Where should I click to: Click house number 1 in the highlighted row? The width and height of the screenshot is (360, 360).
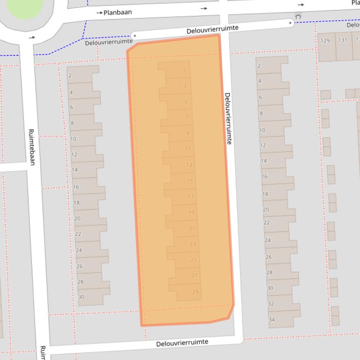coord(184,71)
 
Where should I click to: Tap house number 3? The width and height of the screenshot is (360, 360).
coord(185,86)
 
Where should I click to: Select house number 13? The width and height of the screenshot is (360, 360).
coord(189,165)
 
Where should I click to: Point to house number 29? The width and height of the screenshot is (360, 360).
coord(195,292)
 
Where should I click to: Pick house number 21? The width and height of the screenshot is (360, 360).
coord(192,229)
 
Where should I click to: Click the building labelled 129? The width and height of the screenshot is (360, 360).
coord(325,41)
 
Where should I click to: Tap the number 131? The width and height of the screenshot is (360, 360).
coord(343,40)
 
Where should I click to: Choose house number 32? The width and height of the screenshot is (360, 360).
coord(271,304)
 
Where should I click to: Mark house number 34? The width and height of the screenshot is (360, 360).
coord(272,320)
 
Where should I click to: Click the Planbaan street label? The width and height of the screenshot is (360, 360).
coord(118,12)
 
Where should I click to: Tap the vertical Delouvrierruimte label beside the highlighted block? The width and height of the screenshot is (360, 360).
coord(228,118)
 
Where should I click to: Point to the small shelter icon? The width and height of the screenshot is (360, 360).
coord(298,16)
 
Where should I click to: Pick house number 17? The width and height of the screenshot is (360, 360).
coord(191,197)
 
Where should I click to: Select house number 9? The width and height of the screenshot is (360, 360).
coord(187,133)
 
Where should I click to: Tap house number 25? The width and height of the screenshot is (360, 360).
coord(194,260)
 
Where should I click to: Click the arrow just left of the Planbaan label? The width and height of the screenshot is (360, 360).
coord(99,13)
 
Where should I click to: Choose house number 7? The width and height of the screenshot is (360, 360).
coord(187,117)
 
